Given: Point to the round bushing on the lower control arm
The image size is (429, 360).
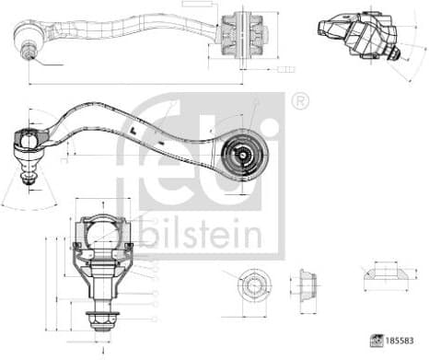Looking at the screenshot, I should pos(245,153).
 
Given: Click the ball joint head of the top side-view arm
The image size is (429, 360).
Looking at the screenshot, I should pos(29,36).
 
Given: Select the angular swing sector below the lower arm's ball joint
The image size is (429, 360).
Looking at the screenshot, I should pos(29,193).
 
